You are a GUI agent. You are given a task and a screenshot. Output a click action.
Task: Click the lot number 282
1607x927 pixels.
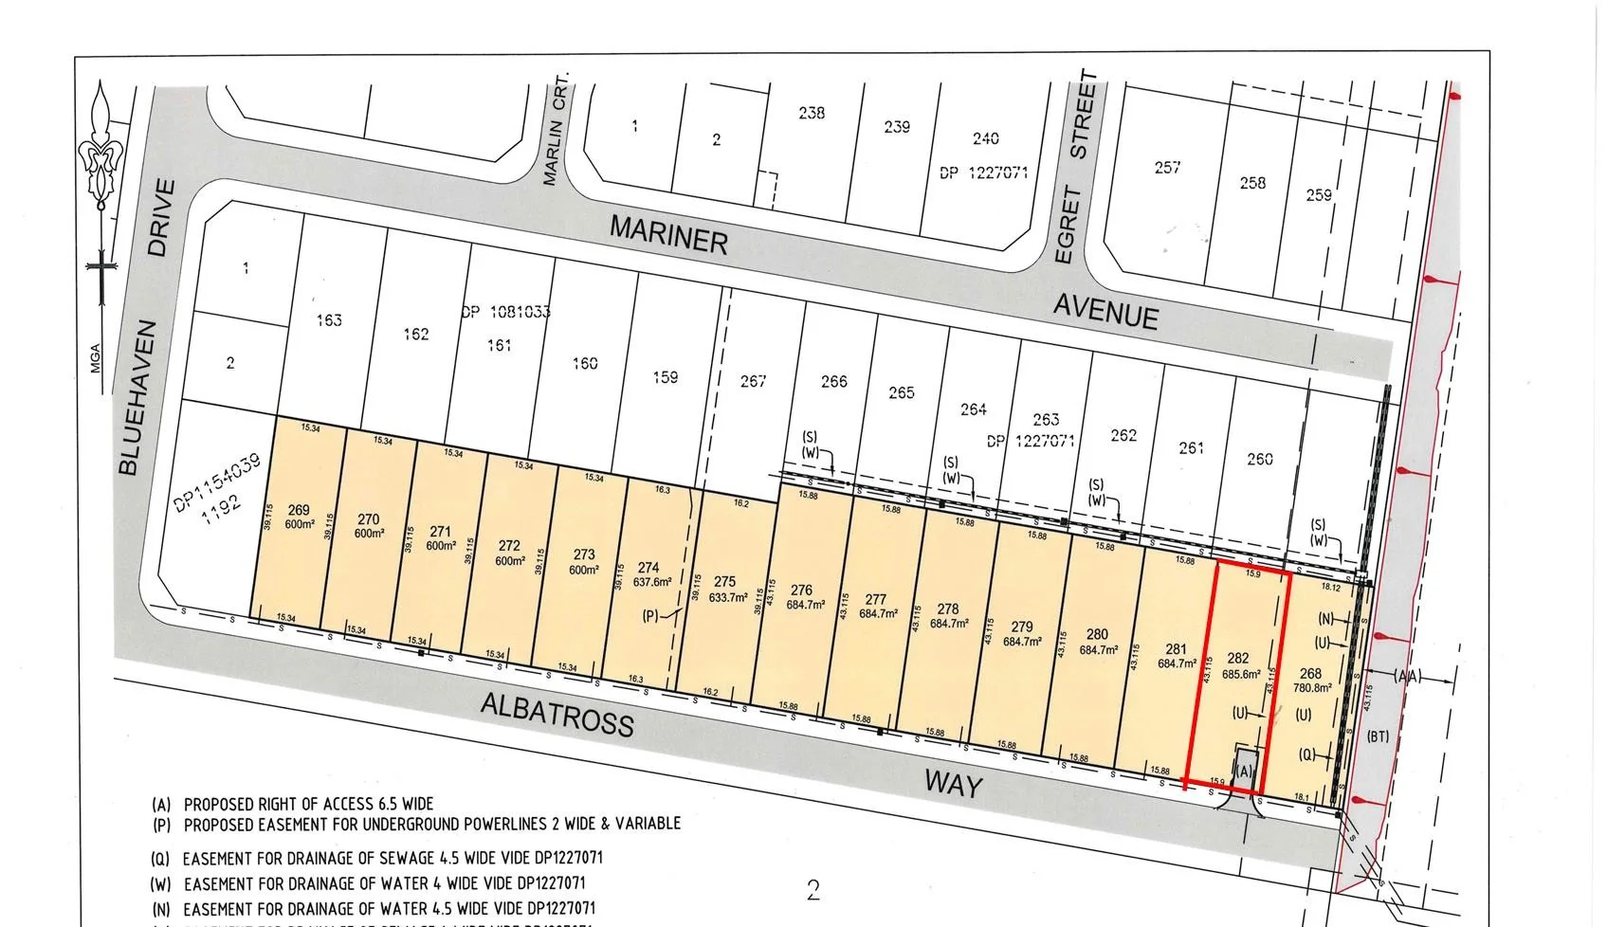point(1237,658)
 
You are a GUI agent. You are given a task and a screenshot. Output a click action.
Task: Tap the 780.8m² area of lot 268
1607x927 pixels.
point(1312,689)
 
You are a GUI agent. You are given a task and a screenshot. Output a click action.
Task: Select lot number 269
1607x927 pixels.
point(299,511)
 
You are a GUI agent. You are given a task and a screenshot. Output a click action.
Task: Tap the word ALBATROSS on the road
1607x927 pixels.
point(557,714)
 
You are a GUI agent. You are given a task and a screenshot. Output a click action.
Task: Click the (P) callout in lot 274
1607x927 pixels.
point(650,616)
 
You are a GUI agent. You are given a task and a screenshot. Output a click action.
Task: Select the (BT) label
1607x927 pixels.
point(1377,736)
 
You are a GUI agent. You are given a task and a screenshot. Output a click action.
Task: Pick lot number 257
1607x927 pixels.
point(1167,168)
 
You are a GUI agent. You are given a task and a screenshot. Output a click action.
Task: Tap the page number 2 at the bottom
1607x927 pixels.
point(813,890)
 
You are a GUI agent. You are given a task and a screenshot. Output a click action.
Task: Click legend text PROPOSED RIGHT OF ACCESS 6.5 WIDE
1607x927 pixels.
point(308,804)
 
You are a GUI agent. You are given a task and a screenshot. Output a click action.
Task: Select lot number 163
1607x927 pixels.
point(328,320)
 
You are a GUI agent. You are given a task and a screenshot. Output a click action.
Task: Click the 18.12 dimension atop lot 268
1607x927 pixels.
point(1330,588)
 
